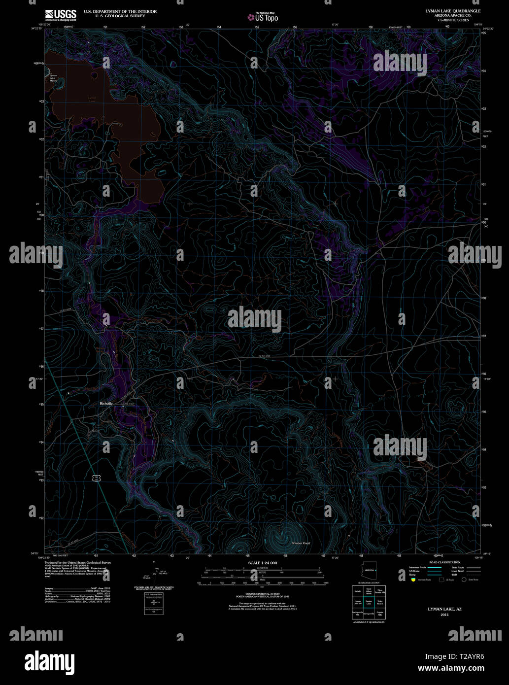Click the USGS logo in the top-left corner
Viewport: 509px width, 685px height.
61,14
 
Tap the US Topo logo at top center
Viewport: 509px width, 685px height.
263,17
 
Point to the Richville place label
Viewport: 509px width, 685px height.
106,404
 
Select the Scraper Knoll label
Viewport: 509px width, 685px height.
301,543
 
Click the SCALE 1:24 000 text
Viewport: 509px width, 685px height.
263,563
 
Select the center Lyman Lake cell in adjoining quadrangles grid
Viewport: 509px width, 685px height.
369,602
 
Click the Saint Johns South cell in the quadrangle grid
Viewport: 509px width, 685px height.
369,591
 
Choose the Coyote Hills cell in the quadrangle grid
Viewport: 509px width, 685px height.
380,614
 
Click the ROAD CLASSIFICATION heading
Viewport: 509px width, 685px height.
444,562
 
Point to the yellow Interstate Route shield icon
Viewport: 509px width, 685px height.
413,580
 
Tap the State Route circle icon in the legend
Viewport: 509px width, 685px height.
464,580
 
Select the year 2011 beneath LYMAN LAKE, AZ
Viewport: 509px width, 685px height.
444,615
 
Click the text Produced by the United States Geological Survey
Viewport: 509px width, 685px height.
77,562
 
